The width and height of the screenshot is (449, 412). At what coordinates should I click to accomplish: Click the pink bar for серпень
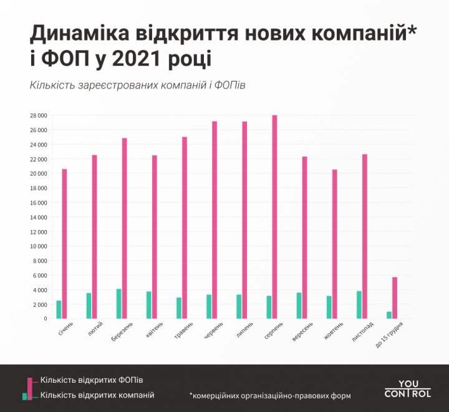[x=275, y=217]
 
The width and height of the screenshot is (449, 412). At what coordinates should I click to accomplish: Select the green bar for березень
[x=118, y=304]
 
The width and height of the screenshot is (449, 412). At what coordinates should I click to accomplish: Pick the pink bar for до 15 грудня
[x=395, y=298]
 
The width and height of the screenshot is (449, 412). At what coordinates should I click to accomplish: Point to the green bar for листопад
[x=359, y=305]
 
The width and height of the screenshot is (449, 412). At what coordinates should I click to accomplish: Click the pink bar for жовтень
[x=335, y=244]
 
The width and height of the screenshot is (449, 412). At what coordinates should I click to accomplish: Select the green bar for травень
[x=179, y=308]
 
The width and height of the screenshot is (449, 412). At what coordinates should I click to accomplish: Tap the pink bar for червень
[x=215, y=220]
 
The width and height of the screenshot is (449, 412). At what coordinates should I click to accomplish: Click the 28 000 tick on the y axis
[x=38, y=116]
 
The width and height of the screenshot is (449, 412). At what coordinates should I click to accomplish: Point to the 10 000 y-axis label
[x=38, y=246]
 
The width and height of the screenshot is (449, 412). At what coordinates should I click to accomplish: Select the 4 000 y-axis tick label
[x=39, y=290]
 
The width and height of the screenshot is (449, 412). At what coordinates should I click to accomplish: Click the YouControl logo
[x=407, y=389]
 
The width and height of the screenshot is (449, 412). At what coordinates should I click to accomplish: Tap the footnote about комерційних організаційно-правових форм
[x=270, y=395]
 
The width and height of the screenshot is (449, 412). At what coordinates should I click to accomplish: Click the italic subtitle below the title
[x=137, y=85]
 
